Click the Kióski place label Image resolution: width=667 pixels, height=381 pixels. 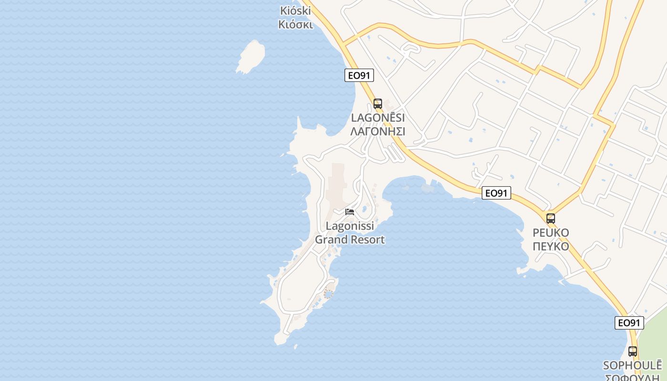coord(295,10)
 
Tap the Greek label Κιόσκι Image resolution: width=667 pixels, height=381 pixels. coord(295,24)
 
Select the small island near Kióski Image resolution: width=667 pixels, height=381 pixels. coord(251,56)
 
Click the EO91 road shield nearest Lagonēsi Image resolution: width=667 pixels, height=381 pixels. coord(359,75)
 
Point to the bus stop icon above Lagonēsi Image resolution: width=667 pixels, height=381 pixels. coord(378,103)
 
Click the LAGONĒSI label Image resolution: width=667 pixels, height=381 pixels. coord(377,118)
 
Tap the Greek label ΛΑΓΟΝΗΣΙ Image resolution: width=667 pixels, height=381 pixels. coord(377,131)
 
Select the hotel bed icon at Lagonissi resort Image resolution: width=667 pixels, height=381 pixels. coord(350,212)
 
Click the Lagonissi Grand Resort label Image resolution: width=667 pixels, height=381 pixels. coord(350,233)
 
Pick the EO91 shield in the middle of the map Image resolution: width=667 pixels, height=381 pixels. coord(496,193)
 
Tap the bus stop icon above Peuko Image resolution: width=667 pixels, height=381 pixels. coord(551,219)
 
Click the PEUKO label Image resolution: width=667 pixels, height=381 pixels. coord(551,233)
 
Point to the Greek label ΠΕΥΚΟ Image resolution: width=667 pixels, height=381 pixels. coord(551,246)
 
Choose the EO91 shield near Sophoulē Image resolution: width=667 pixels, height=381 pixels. coord(629,322)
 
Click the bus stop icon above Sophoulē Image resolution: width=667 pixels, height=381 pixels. coord(632,351)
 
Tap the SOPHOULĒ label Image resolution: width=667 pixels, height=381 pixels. coord(632,366)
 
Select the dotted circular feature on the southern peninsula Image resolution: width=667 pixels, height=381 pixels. coord(328,294)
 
